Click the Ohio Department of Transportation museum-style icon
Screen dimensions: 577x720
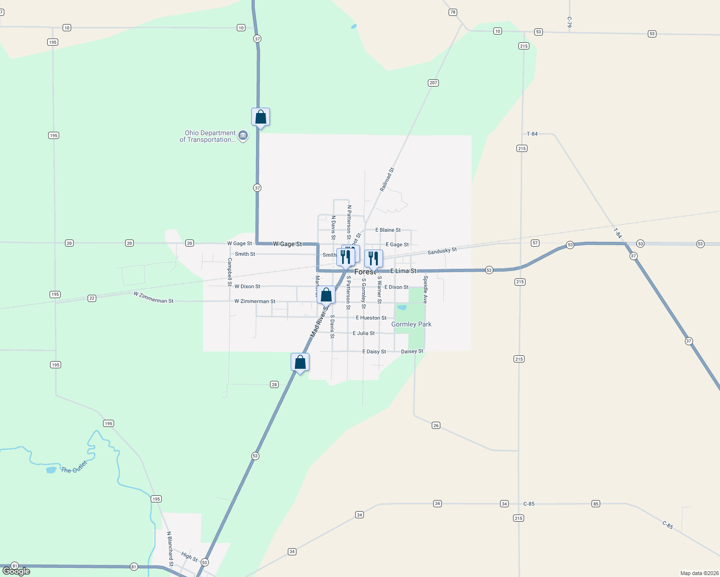[x=243, y=136]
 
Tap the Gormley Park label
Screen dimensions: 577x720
[x=411, y=325]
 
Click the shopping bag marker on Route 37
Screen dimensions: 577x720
[x=260, y=117]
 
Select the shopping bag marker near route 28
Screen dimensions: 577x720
[x=300, y=362]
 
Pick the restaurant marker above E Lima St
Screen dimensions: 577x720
[x=373, y=259]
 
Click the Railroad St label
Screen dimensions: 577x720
[x=387, y=180]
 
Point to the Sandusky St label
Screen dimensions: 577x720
[x=442, y=251]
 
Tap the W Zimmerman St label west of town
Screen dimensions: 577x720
[x=154, y=297]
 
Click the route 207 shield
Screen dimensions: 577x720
[x=433, y=83]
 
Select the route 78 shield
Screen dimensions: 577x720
[x=452, y=12]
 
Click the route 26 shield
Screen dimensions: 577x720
[x=436, y=425]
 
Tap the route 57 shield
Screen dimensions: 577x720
[x=535, y=243]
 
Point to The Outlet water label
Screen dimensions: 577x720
[x=74, y=467]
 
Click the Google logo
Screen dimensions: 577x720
[x=16, y=571]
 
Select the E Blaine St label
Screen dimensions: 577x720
[x=388, y=230]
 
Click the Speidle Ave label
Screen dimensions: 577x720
[x=425, y=289]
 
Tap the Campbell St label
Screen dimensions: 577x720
[x=230, y=272]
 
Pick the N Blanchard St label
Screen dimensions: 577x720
[x=170, y=549]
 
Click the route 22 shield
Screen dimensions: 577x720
[x=92, y=298]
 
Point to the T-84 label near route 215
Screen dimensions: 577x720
[x=532, y=134]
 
